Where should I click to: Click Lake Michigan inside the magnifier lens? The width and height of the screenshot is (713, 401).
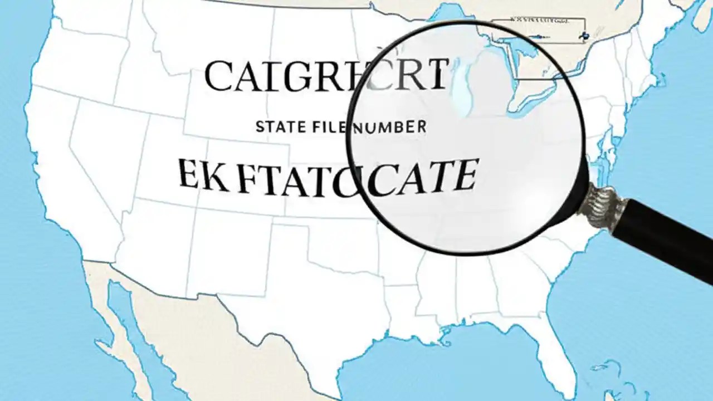[x=461, y=95]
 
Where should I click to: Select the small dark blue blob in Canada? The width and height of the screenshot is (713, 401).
[x=583, y=36]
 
